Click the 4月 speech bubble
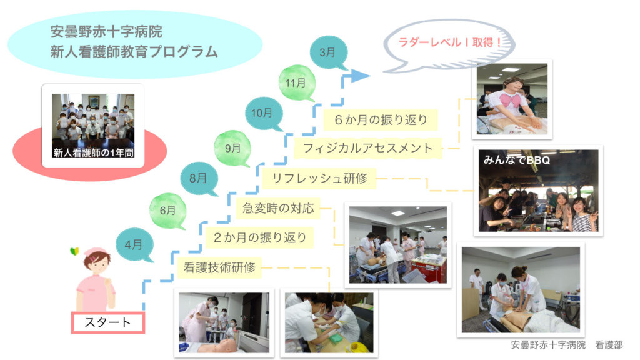coord(134,245)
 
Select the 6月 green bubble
coord(167,211)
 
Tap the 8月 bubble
coord(199,178)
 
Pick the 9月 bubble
coord(232,148)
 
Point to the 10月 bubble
coord(263,113)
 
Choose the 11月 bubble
coord(296,83)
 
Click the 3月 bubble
coord(328,52)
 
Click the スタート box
coord(107,322)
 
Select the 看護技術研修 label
coord(219,267)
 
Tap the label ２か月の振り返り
coord(259,237)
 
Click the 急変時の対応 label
coord(278,208)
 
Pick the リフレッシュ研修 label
coord(319,178)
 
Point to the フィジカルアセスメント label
coord(367,147)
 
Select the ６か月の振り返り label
coord(381,119)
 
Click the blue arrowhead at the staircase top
coord(360,76)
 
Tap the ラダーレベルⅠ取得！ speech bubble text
coord(450,42)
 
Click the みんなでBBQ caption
coord(517,160)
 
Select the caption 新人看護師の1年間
coord(94,152)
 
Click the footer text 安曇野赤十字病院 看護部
coord(567,345)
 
